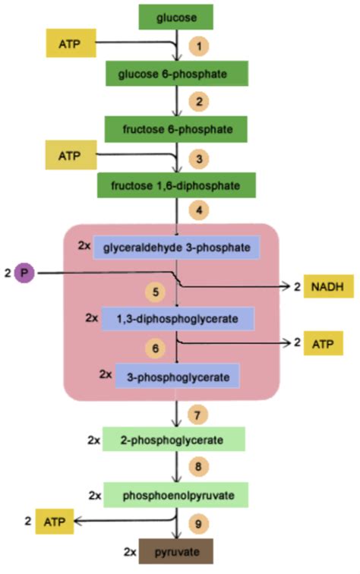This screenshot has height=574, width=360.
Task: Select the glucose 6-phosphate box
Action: click(x=177, y=74)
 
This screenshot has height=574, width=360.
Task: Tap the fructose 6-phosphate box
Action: click(x=178, y=129)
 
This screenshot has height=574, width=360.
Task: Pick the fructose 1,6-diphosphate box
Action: click(x=176, y=185)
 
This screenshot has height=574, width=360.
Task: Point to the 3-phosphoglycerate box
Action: click(x=178, y=375)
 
